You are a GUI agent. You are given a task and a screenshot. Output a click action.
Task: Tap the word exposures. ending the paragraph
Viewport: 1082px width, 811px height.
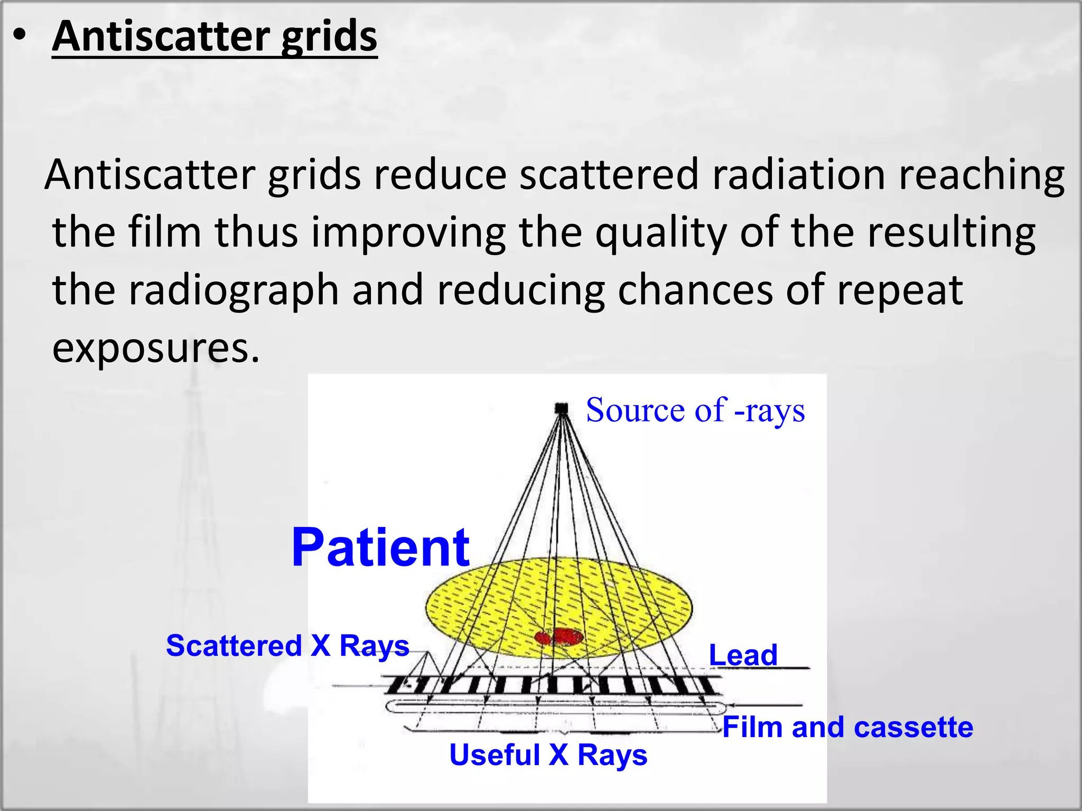coord(156,348)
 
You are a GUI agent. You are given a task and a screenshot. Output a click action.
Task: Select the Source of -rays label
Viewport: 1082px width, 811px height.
coord(695,410)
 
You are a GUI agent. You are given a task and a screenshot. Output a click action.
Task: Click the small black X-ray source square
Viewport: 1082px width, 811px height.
coord(561,408)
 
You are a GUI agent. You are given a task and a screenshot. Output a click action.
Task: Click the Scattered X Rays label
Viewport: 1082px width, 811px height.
coord(287,646)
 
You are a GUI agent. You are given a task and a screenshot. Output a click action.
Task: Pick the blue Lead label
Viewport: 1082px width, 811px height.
coord(743,655)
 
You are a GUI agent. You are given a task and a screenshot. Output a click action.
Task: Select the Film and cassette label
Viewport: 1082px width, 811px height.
coord(847,727)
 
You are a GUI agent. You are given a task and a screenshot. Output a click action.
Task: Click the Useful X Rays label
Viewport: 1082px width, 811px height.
coord(548,755)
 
